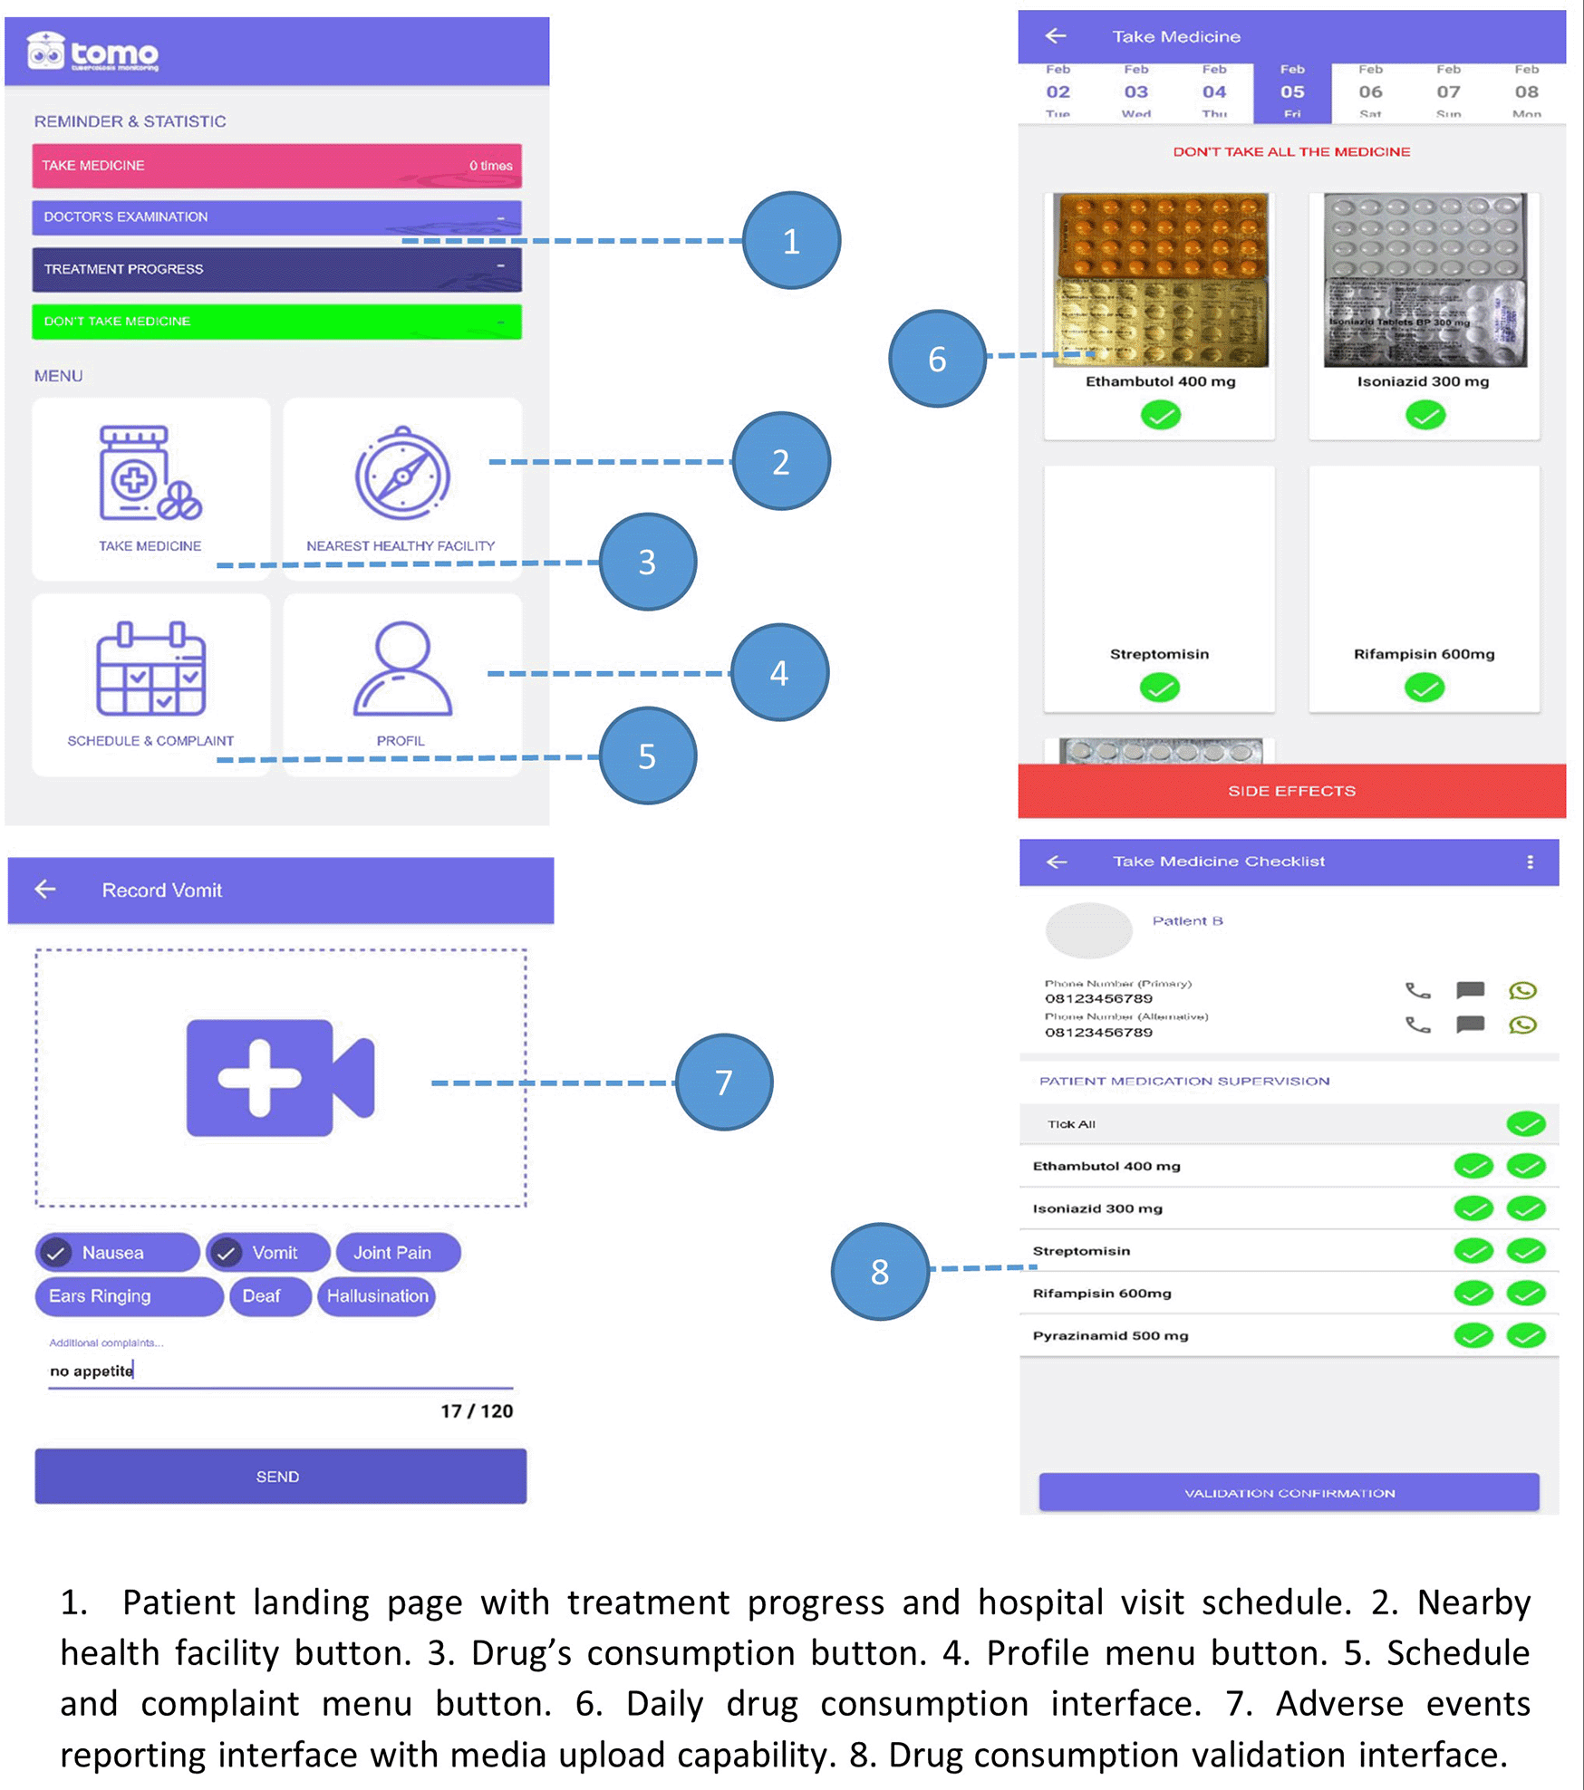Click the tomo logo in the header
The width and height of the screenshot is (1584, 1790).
click(x=92, y=52)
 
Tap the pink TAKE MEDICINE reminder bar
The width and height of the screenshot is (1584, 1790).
click(x=276, y=166)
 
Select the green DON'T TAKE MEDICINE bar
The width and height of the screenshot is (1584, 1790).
click(x=276, y=322)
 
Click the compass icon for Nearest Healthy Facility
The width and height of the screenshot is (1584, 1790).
click(x=402, y=474)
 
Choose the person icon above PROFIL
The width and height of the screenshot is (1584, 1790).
click(x=402, y=669)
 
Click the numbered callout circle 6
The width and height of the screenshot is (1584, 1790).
click(x=937, y=359)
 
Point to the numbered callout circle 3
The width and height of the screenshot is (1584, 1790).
click(x=647, y=562)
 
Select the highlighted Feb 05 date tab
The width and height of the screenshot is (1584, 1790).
click(x=1292, y=91)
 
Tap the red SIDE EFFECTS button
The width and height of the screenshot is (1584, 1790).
click(x=1291, y=791)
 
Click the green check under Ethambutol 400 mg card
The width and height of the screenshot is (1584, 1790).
click(x=1160, y=416)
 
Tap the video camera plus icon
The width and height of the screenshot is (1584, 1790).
click(x=280, y=1078)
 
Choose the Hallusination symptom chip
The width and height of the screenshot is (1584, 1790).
click(x=377, y=1296)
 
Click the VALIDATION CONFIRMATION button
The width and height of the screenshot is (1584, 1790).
click(x=1289, y=1493)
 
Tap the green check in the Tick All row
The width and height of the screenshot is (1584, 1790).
click(x=1526, y=1124)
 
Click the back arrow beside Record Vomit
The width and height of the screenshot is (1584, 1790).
click(x=45, y=890)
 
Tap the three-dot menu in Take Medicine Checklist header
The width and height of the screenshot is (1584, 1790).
click(x=1531, y=861)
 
